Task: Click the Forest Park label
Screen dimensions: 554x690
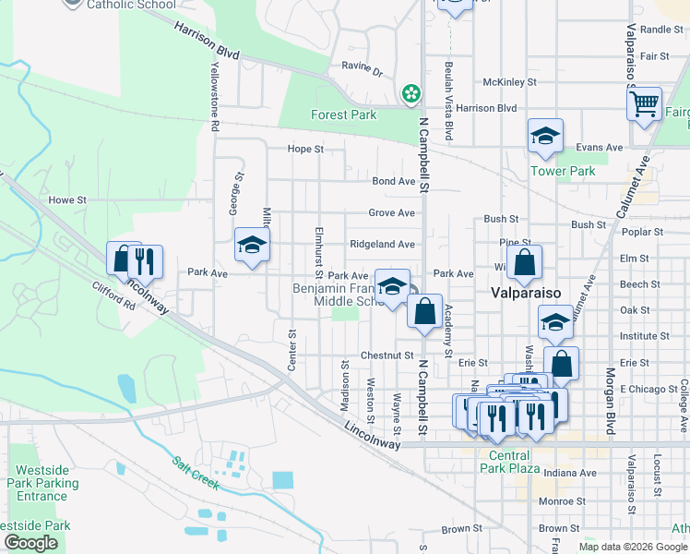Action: coord(343,115)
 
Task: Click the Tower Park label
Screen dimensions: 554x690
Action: coord(563,171)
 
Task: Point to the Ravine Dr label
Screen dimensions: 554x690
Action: coord(361,67)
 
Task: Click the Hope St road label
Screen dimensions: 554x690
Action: coord(305,149)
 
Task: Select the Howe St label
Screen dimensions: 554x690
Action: coord(66,199)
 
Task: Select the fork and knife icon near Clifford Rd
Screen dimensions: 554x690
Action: coord(145,261)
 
